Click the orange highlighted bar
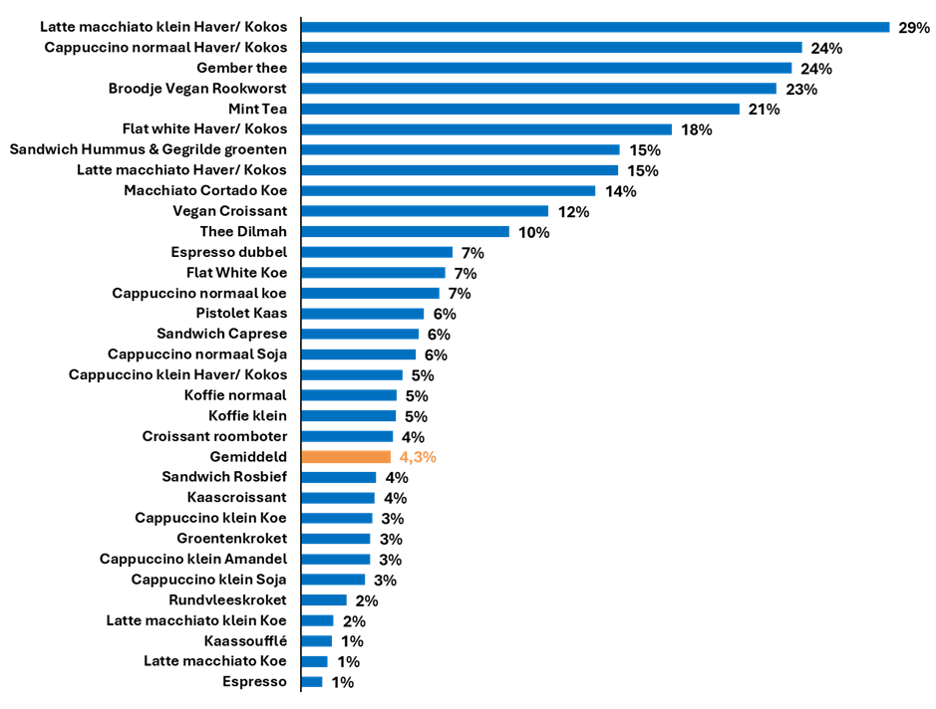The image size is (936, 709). pyautogui.click(x=347, y=457)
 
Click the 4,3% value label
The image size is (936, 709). pyautogui.click(x=418, y=457)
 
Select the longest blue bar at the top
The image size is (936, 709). pyautogui.click(x=595, y=27)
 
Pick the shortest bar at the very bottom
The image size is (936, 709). pyautogui.click(x=312, y=682)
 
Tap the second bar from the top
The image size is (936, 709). pyautogui.click(x=551, y=47)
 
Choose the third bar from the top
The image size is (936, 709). pyautogui.click(x=546, y=68)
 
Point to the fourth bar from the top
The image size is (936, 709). pyautogui.click(x=538, y=89)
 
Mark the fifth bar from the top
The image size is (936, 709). pyautogui.click(x=520, y=109)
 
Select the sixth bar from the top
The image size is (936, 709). pyautogui.click(x=486, y=129)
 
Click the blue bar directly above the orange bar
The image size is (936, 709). pyautogui.click(x=347, y=436)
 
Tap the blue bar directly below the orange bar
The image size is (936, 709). pyautogui.click(x=339, y=478)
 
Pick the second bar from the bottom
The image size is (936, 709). pyautogui.click(x=314, y=661)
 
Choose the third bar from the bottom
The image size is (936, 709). pyautogui.click(x=317, y=641)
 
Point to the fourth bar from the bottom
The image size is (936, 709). pyautogui.click(x=317, y=620)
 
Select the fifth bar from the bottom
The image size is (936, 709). pyautogui.click(x=324, y=600)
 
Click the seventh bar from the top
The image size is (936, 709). pyautogui.click(x=461, y=149)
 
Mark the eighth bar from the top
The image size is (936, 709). pyautogui.click(x=460, y=170)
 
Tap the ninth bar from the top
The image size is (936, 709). pyautogui.click(x=449, y=190)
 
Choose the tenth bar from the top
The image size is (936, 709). pyautogui.click(x=425, y=211)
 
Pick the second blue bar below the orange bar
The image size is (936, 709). pyautogui.click(x=338, y=498)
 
